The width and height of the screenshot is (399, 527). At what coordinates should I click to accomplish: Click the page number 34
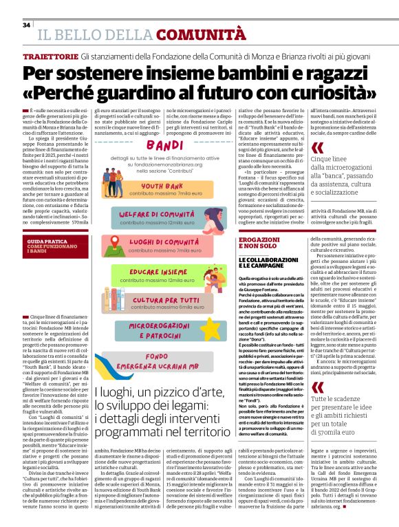(27, 25)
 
